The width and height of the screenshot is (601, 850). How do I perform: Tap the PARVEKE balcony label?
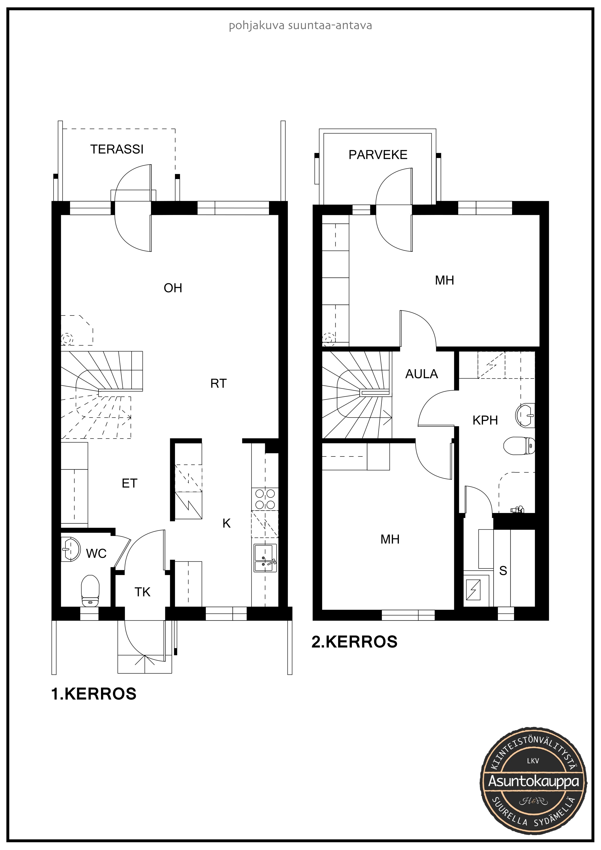378,155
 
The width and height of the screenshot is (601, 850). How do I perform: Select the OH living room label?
173,288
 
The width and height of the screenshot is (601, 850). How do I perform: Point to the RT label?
219,384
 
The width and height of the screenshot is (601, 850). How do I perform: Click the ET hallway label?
130,483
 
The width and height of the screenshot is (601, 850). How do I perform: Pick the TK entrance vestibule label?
142,592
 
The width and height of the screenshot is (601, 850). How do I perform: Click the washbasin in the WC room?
70,549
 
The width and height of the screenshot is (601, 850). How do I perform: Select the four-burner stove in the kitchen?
265,499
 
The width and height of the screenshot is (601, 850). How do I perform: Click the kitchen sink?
265,558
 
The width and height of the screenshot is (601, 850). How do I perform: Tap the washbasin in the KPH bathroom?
525,415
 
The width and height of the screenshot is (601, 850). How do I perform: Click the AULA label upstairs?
421,374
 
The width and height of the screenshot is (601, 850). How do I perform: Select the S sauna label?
503,571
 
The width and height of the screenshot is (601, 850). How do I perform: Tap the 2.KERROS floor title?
354,642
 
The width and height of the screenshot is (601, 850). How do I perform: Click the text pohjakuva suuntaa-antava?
300,26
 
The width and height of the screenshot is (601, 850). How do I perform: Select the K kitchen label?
227,523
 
